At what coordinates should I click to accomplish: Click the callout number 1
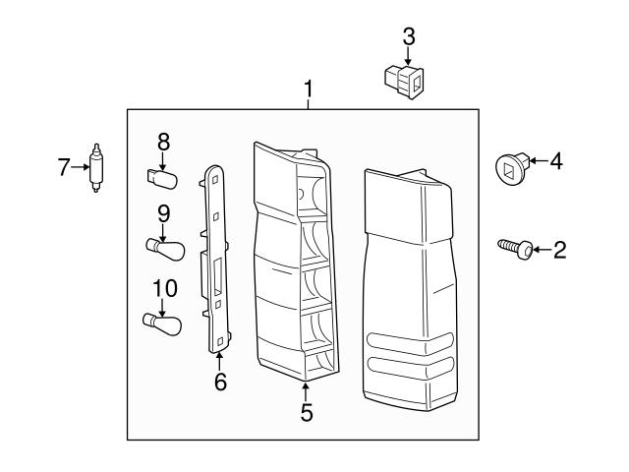pyautogui.click(x=309, y=90)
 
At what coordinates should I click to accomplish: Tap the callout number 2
pyautogui.click(x=559, y=251)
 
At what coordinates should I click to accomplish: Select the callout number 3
pyautogui.click(x=409, y=36)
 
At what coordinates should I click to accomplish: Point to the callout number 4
pyautogui.click(x=555, y=159)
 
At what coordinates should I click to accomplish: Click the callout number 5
pyautogui.click(x=307, y=413)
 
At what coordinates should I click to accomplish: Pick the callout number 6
pyautogui.click(x=220, y=382)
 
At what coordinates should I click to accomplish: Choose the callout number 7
pyautogui.click(x=64, y=167)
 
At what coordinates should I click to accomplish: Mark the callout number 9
pyautogui.click(x=164, y=211)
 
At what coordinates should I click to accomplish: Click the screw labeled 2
pyautogui.click(x=518, y=248)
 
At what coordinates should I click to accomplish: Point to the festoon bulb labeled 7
pyautogui.click(x=96, y=168)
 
